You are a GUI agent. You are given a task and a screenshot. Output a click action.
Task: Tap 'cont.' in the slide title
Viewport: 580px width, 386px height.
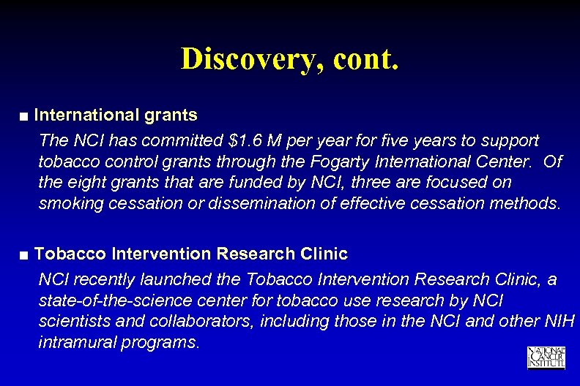[365, 59]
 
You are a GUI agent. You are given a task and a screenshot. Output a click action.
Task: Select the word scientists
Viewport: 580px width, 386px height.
[70, 322]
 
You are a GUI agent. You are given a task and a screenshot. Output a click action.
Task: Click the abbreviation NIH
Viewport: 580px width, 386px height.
[561, 322]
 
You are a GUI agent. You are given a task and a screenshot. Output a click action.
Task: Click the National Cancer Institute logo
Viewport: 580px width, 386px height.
[546, 357]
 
